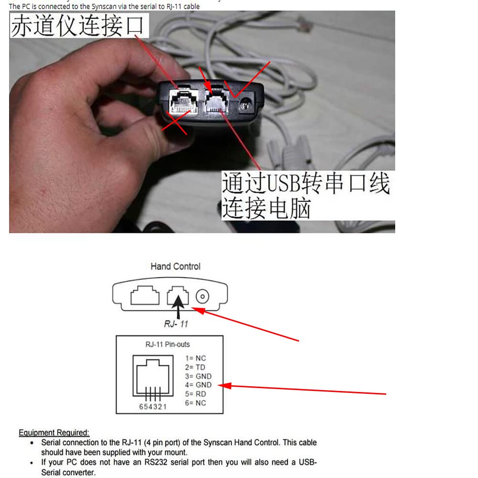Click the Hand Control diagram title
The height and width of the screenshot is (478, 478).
coord(175,266)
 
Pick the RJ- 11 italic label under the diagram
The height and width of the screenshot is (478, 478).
coord(176,324)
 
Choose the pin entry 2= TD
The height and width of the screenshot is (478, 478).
coord(196,367)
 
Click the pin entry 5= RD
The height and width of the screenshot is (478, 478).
coord(196,394)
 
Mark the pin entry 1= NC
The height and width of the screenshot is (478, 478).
coord(196,358)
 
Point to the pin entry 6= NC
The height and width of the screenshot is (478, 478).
coord(196,403)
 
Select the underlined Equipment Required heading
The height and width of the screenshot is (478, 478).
coord(54,433)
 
